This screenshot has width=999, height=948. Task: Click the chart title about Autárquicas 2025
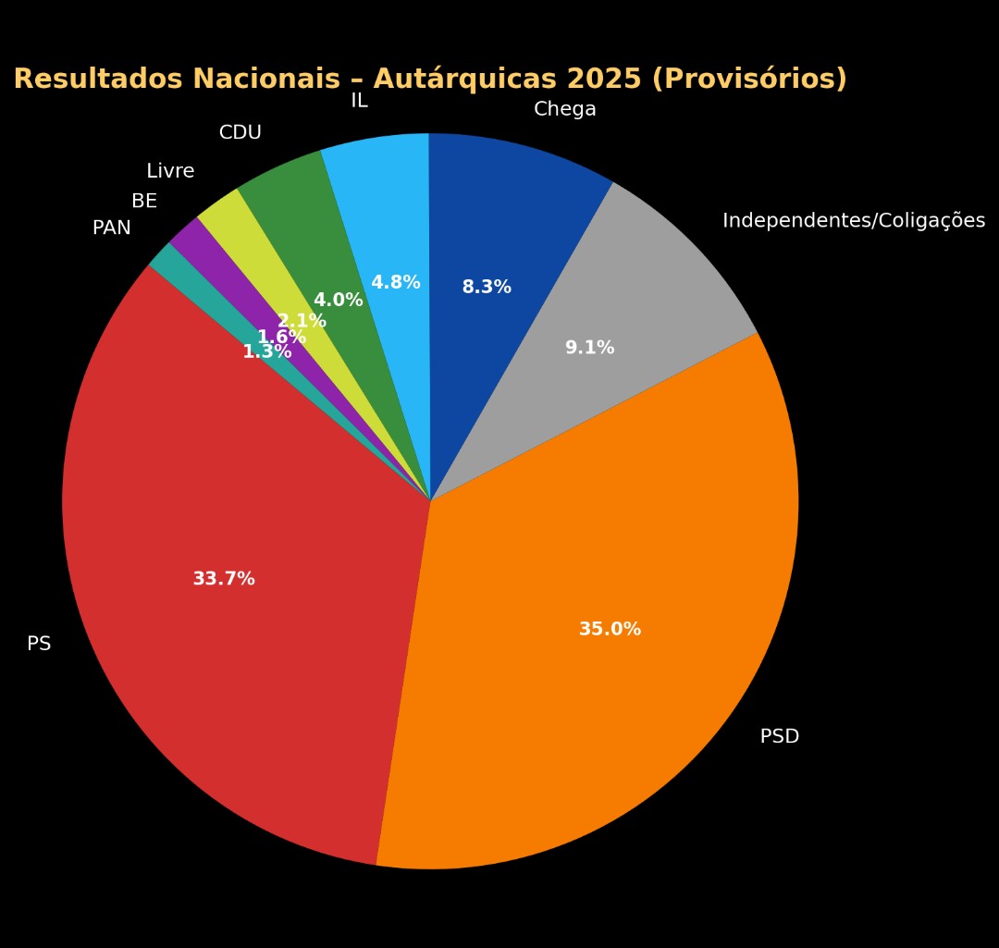pos(430,80)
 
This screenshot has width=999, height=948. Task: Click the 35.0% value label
pos(610,630)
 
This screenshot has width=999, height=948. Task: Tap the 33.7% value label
pos(224,580)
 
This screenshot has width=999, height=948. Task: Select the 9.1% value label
pos(589,349)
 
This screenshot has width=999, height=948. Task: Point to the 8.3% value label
pos(487,288)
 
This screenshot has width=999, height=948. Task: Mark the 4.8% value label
pos(396,283)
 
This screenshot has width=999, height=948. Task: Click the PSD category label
pos(780,737)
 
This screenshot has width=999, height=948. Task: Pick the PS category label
pos(39,645)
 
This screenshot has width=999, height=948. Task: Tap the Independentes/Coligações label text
pos(854,222)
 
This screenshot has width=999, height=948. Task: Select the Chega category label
pos(565,110)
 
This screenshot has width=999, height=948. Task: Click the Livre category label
pos(170,172)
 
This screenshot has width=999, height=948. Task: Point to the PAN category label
pos(112,228)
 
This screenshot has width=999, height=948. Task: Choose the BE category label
pos(144,202)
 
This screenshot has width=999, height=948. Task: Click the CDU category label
pos(240,133)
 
